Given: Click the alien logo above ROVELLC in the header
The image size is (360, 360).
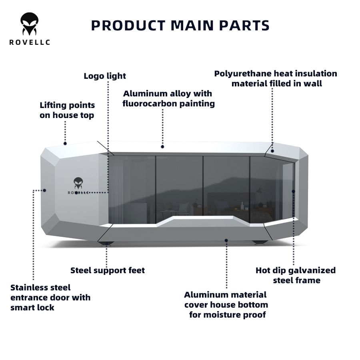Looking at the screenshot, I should click(x=30, y=24).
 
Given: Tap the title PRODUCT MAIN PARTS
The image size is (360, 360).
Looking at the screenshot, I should click(x=180, y=25).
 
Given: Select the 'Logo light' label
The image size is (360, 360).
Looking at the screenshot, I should click(x=105, y=76).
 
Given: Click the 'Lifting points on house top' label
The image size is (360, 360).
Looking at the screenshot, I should click(x=67, y=110).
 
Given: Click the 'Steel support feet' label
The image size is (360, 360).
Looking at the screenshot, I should click(x=108, y=270).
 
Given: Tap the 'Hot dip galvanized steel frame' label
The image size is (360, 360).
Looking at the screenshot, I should click(x=296, y=275).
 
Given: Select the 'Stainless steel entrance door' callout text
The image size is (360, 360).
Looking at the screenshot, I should click(x=50, y=298).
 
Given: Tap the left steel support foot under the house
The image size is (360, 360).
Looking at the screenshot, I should click(x=106, y=242).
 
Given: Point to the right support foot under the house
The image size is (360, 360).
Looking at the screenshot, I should click(x=260, y=242).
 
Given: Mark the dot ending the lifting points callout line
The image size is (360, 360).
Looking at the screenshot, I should click(x=65, y=143).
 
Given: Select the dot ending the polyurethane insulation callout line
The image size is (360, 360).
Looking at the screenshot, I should click(x=272, y=151).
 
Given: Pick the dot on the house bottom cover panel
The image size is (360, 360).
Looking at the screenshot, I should click(x=226, y=240).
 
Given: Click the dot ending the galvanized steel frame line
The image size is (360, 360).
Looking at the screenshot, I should click(x=293, y=191).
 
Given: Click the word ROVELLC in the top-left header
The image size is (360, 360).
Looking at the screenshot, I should click(x=30, y=42).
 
